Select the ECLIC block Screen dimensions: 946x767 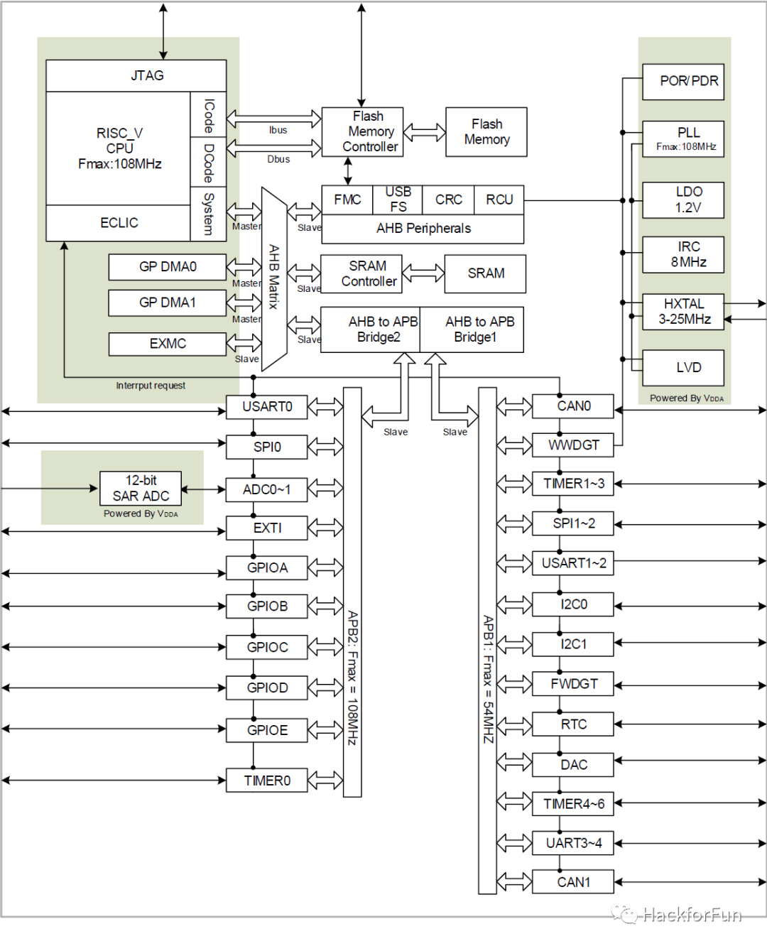(x=119, y=223)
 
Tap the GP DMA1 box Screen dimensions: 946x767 (x=167, y=303)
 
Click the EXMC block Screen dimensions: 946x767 (x=167, y=344)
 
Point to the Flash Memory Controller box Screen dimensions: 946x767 (x=362, y=131)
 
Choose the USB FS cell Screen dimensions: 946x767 (x=398, y=199)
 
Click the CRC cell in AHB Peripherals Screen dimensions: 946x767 (x=448, y=200)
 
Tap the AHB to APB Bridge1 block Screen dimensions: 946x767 (x=472, y=330)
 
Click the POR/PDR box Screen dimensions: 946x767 (x=683, y=81)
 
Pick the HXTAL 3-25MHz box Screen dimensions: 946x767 (x=683, y=311)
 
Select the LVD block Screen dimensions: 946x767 (x=683, y=367)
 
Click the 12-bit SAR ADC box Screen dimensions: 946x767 (x=141, y=488)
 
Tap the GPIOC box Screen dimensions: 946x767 (x=267, y=647)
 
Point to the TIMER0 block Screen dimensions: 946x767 (x=267, y=781)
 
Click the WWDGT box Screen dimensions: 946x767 (x=573, y=445)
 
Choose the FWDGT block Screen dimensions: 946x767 (x=573, y=684)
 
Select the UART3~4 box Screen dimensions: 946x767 (x=573, y=843)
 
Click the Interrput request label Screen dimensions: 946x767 (x=151, y=386)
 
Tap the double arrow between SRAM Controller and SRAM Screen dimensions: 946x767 (x=423, y=273)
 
